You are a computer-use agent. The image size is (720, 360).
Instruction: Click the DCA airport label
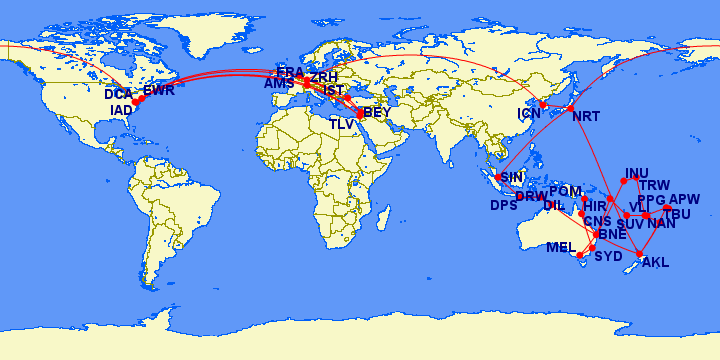tap(118, 95)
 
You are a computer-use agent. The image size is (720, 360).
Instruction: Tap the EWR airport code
tap(159, 91)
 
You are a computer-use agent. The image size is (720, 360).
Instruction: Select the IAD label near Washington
tap(120, 110)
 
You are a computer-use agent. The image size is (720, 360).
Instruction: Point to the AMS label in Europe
tap(279, 84)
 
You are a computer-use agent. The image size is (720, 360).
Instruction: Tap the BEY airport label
tap(377, 113)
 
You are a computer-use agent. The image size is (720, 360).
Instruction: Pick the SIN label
tap(512, 177)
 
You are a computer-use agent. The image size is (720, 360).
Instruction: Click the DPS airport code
tap(503, 206)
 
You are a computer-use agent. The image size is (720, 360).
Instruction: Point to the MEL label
tap(561, 247)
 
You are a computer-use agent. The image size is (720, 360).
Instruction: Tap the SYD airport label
tap(608, 256)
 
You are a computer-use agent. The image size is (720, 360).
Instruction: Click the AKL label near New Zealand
tap(655, 263)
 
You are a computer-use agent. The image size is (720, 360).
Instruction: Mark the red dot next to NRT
tap(570, 108)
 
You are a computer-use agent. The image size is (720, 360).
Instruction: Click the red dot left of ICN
tap(543, 105)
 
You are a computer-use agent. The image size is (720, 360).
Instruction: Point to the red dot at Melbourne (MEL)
tap(592, 247)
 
